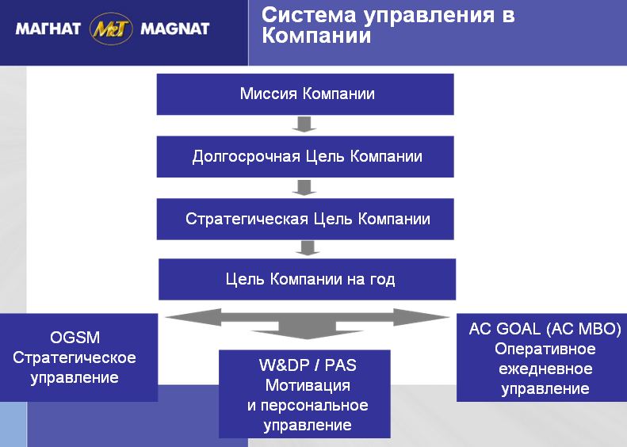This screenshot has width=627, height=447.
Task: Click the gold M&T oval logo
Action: pos(111,29)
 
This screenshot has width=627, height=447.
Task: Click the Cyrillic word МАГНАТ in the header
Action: pos(48,29)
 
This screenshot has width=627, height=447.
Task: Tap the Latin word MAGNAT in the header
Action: pos(175,29)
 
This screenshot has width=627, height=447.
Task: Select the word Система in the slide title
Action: pos(308,15)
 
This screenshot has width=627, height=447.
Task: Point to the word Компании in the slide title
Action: pos(316,36)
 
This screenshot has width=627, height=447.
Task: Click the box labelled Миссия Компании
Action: pos(305,94)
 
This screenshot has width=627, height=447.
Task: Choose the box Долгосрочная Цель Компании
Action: pos(305,156)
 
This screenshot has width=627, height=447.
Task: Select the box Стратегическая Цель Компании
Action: pos(305,219)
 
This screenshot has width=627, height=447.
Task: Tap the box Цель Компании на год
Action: pos(307,279)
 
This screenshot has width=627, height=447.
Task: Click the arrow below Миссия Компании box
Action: pos(304,124)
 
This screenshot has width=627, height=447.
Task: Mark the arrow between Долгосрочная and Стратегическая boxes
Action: pos(304,188)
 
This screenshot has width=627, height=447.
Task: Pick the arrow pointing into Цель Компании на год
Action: pos(308,248)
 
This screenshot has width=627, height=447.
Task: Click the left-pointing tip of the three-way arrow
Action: pos(166,317)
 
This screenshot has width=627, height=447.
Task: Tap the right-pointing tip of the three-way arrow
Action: pos(449,317)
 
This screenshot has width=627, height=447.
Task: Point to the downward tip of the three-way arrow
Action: pos(307,338)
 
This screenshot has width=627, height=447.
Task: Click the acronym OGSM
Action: pos(75,338)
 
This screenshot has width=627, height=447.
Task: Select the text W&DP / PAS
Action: pos(308,365)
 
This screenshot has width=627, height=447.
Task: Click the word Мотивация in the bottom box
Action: pos(308,385)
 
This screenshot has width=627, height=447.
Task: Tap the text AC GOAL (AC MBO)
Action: pos(545,329)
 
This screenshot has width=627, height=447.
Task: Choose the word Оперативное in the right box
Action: pos(545,349)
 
